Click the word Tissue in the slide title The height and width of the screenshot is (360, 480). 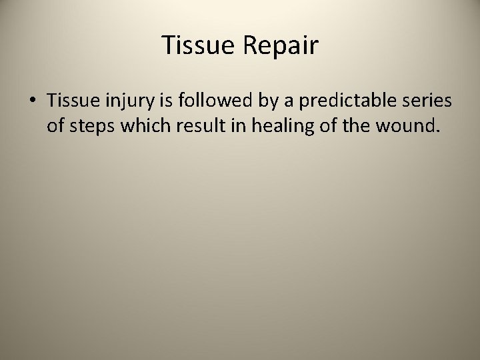coord(197,46)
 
